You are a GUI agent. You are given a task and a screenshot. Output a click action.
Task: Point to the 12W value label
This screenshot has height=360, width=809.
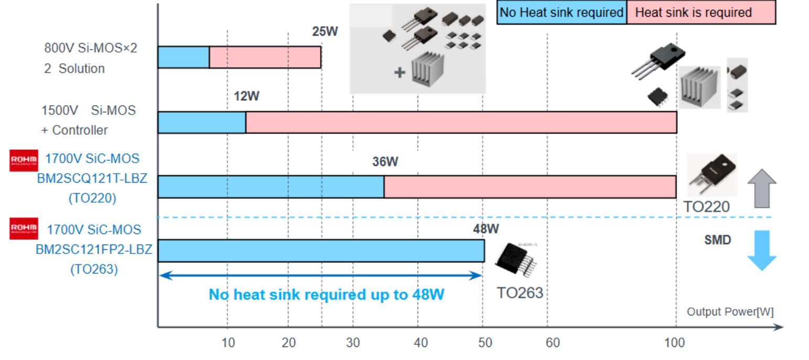247,97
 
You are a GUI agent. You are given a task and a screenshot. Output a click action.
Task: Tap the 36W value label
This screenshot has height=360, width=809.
385,162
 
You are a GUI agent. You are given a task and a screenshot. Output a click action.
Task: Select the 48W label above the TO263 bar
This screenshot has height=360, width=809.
486,229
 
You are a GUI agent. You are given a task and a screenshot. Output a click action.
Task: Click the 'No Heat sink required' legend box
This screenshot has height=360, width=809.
561,13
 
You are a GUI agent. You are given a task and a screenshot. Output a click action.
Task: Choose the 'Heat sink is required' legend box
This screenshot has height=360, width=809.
700,13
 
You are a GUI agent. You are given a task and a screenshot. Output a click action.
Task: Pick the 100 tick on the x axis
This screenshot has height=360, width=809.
674,343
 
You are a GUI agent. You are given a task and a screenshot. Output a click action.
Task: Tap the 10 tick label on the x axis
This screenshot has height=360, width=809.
228,343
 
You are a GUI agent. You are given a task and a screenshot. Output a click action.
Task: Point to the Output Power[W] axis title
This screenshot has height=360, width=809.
730,312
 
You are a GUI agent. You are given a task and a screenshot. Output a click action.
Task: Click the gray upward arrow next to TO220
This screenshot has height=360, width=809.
761,188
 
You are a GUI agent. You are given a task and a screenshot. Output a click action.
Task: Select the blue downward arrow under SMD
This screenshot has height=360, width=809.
761,250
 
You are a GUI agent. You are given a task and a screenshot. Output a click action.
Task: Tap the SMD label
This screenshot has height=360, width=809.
717,240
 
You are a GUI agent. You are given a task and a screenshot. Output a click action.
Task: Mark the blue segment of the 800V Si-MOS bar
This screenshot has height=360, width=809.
184,57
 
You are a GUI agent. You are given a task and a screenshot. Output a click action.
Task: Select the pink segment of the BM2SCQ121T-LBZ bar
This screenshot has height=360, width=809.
529,187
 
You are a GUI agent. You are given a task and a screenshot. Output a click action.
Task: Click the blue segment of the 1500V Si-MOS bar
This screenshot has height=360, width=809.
201,122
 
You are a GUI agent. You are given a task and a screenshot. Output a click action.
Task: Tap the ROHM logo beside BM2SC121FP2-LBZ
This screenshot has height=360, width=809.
24,229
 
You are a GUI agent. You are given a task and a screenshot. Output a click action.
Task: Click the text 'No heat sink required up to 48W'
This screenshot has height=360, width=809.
326,295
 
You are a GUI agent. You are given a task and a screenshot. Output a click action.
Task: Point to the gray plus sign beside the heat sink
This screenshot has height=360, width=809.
400,72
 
